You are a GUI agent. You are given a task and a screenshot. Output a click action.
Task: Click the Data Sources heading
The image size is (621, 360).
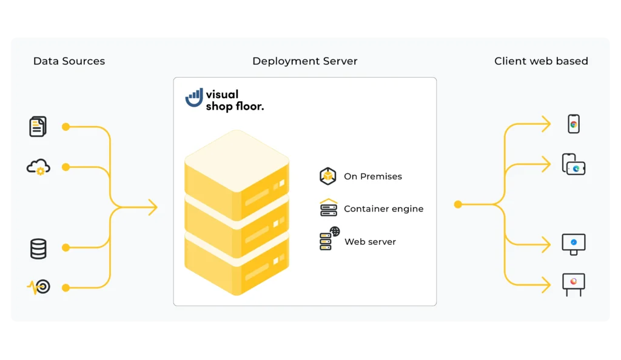click(x=69, y=61)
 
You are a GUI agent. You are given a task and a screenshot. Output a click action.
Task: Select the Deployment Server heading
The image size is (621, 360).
click(x=304, y=61)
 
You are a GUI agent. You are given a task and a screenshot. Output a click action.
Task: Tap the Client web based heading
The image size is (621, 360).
click(x=541, y=61)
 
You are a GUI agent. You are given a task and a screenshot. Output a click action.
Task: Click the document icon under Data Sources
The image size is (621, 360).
click(x=38, y=127)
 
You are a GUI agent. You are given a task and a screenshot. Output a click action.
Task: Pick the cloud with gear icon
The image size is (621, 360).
click(x=38, y=167)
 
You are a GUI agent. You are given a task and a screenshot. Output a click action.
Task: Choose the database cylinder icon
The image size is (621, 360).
click(x=38, y=248)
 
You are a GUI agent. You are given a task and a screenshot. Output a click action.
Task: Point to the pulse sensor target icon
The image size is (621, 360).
click(x=39, y=287)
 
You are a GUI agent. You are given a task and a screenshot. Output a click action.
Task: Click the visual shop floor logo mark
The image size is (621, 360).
click(x=194, y=98)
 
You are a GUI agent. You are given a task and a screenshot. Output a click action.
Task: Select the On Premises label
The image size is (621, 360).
click(x=372, y=176)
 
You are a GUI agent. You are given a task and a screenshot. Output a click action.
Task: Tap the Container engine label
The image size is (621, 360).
click(x=383, y=208)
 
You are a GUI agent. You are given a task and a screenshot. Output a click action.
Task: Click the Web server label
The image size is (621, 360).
click(x=370, y=242)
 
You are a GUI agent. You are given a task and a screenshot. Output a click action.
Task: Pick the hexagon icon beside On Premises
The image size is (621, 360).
click(x=328, y=176)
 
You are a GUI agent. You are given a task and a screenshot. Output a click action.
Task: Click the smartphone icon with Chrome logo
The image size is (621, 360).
click(x=573, y=124)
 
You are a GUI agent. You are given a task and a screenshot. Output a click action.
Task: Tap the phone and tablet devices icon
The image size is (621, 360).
click(x=573, y=165)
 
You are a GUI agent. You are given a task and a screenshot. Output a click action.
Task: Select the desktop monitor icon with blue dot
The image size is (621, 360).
click(x=573, y=244)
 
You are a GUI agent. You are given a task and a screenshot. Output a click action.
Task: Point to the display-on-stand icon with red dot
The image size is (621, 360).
click(x=573, y=283)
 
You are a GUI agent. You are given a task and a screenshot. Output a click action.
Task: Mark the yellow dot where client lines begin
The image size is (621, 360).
click(x=458, y=205)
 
